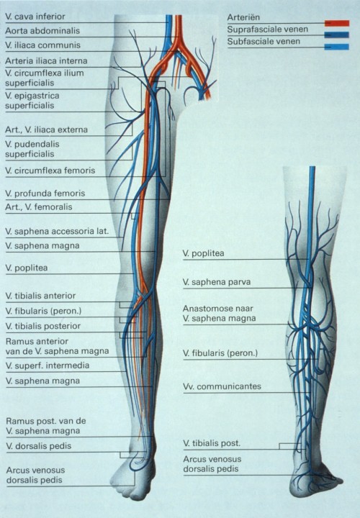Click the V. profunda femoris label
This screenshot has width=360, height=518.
(45, 194)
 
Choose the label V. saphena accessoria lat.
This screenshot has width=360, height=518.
(56, 232)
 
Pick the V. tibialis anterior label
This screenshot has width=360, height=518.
(40, 296)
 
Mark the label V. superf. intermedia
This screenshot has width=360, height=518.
(47, 365)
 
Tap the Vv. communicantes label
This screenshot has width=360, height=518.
(222, 386)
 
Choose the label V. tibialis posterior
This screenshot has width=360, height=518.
(42, 326)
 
